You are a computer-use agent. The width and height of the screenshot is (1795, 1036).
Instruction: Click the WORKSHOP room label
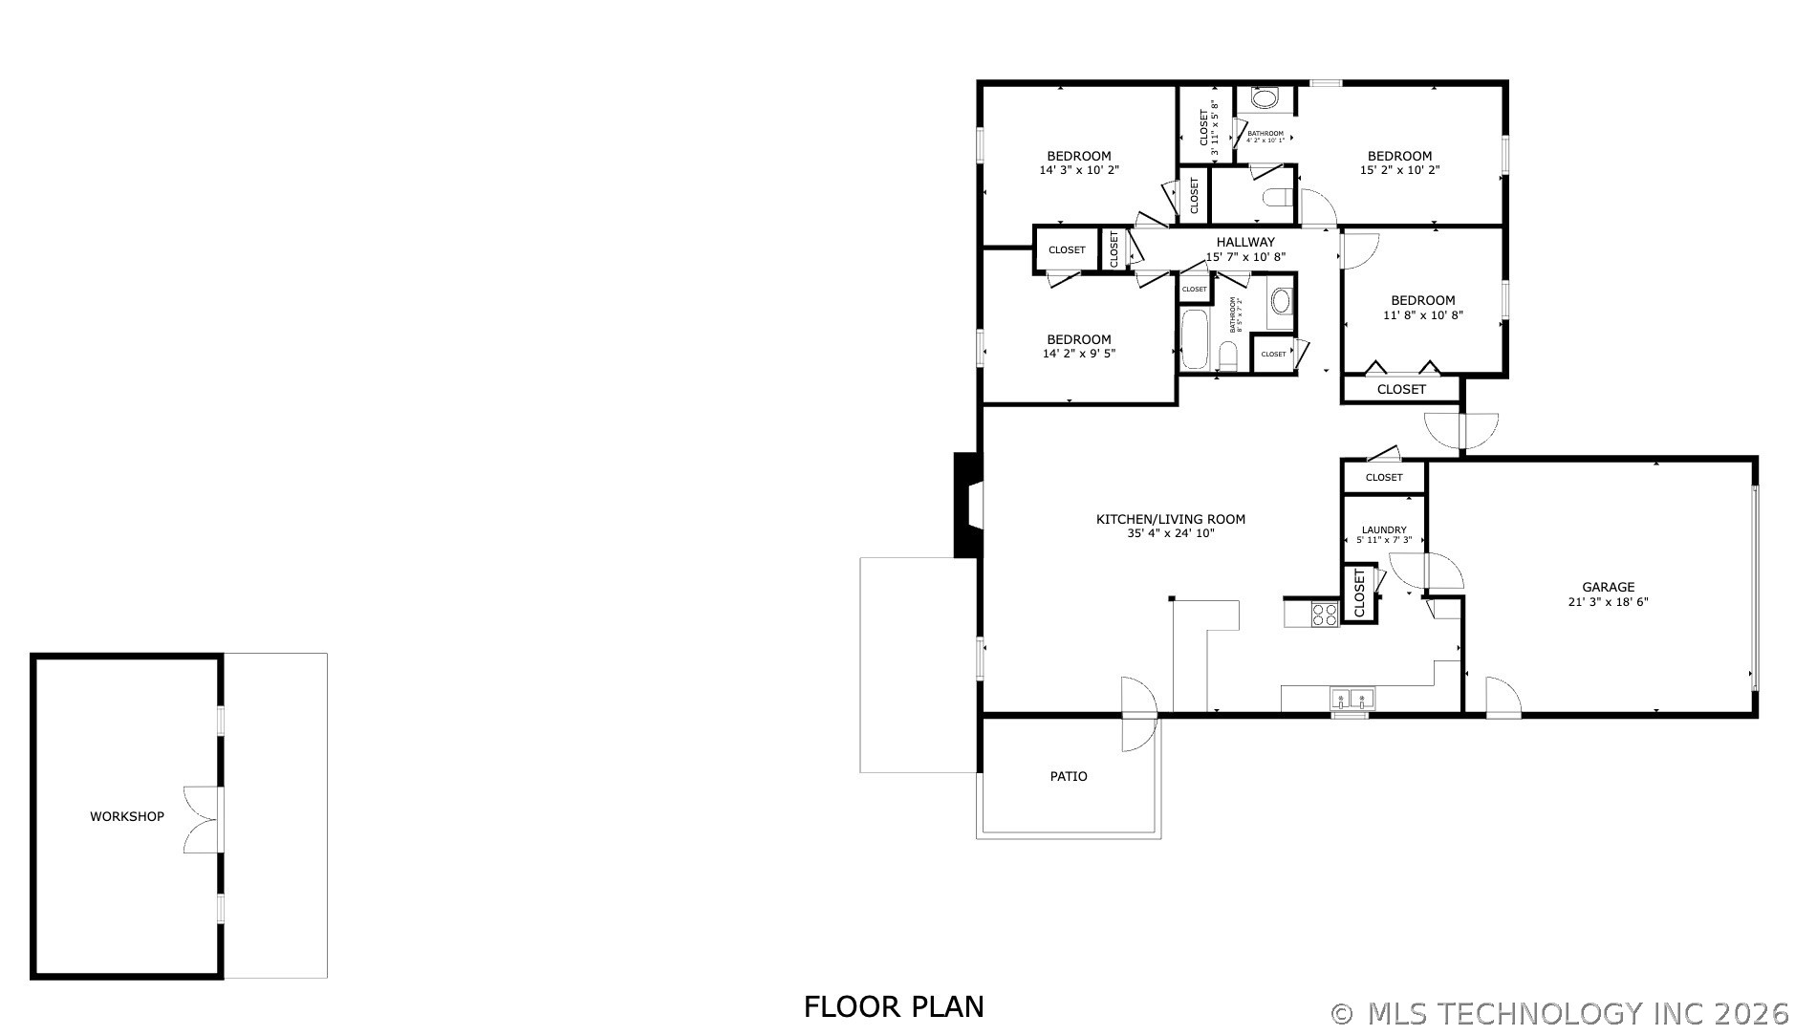click(x=126, y=816)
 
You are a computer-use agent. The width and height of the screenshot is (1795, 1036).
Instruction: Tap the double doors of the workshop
click(x=203, y=819)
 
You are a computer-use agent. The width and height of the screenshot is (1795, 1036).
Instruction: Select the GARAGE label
click(x=1608, y=587)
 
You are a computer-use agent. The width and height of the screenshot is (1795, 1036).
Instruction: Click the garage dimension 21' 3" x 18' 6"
click(x=1608, y=602)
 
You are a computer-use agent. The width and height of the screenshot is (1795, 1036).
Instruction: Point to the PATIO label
click(x=1068, y=776)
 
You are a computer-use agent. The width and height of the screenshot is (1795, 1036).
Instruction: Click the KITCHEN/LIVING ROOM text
click(x=1170, y=519)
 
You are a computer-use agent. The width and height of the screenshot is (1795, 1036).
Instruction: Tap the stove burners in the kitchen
click(x=1325, y=614)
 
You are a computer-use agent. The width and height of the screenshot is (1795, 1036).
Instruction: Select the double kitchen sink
click(x=1352, y=699)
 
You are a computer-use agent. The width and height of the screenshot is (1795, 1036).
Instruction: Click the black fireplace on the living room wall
click(x=968, y=504)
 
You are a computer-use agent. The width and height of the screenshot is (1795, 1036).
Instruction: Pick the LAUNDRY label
click(x=1383, y=529)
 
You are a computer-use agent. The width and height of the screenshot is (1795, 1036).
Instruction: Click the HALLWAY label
click(x=1244, y=242)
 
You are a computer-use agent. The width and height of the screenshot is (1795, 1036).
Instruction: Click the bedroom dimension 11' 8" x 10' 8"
click(x=1422, y=314)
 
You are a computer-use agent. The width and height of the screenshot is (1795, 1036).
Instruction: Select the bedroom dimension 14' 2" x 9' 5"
click(x=1078, y=354)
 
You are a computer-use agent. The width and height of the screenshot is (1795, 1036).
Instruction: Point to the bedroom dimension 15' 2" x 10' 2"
click(x=1399, y=170)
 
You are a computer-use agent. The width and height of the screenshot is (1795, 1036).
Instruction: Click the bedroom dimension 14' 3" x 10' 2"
click(x=1078, y=170)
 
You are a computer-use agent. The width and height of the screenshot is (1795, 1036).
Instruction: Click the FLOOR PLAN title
click(x=893, y=1006)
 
